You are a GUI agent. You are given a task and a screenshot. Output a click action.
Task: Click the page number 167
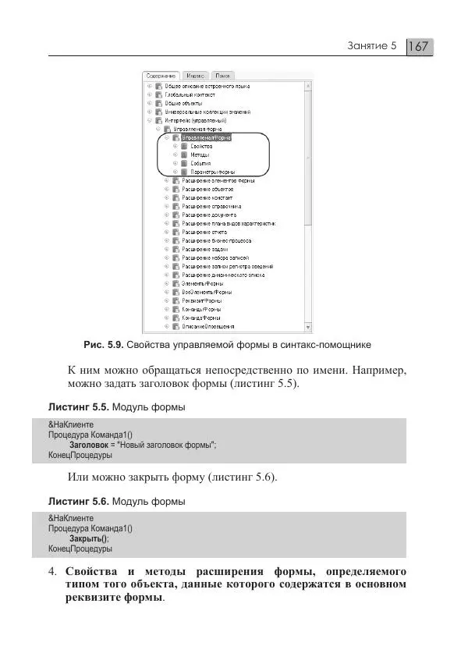click(x=419, y=47)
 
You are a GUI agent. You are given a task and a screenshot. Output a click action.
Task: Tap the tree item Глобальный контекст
click(x=184, y=94)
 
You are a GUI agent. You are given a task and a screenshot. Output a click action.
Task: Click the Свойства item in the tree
click(x=201, y=146)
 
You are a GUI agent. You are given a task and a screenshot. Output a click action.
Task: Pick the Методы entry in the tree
click(x=200, y=154)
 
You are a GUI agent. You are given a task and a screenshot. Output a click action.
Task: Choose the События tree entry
click(x=201, y=163)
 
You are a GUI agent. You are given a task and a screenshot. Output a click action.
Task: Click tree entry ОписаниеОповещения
click(x=209, y=326)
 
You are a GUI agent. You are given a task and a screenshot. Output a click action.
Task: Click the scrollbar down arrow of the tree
click(x=309, y=327)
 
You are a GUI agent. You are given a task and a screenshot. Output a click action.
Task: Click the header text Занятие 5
click(x=372, y=47)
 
